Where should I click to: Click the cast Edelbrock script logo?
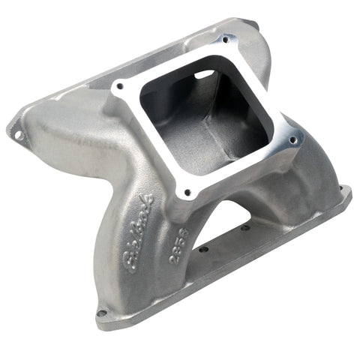coord(138,232)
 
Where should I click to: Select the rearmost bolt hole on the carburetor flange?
coord(222,37)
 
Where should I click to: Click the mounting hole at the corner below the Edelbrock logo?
coord(102,313)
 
